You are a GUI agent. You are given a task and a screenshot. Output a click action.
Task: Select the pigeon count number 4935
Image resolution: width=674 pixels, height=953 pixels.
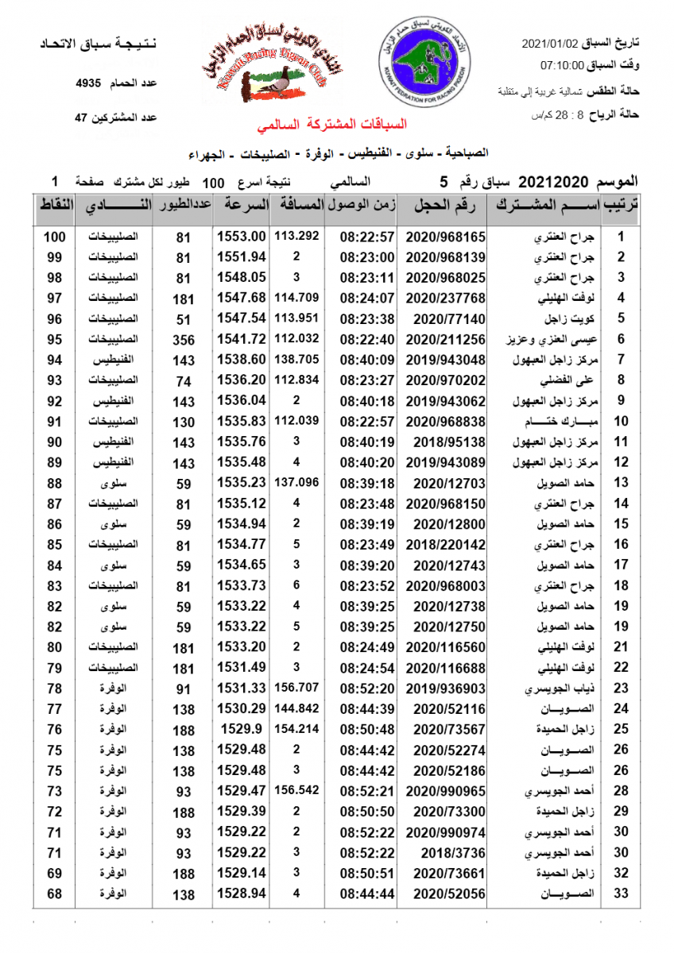pyautogui.click(x=88, y=83)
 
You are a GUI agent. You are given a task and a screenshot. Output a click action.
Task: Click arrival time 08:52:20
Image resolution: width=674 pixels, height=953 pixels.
pyautogui.click(x=367, y=688)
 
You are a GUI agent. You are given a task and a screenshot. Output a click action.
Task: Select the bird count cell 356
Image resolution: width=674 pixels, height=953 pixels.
pyautogui.click(x=183, y=340)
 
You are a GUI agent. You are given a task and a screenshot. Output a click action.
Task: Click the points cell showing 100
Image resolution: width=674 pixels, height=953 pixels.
pyautogui.click(x=54, y=237)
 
